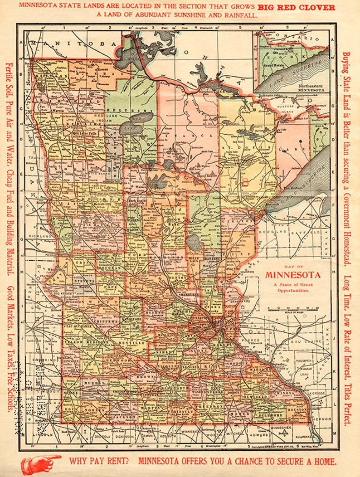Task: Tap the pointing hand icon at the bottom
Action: coord(41,463)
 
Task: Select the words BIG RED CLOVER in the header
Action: coord(296,7)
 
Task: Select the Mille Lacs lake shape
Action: coord(194,243)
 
